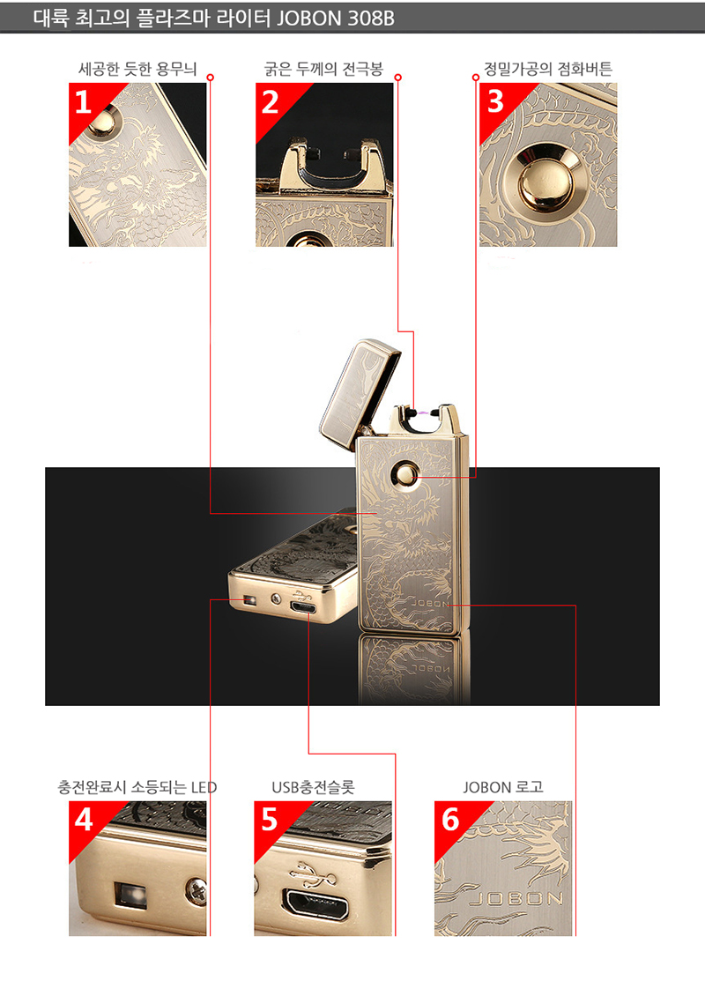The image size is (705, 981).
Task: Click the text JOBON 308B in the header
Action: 335,19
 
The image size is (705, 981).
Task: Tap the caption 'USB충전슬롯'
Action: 314,787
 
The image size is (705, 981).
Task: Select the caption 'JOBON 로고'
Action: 503,787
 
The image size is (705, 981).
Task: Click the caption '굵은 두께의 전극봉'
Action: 323,69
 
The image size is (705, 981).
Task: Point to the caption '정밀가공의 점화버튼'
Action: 548,69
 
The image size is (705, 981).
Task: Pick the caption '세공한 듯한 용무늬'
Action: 137,69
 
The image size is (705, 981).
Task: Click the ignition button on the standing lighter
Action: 405,473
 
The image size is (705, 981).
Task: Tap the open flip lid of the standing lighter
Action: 359,393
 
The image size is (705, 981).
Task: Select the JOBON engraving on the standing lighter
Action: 430,604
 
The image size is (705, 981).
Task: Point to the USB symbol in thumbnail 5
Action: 312,875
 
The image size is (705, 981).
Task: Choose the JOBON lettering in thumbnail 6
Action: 516,899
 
